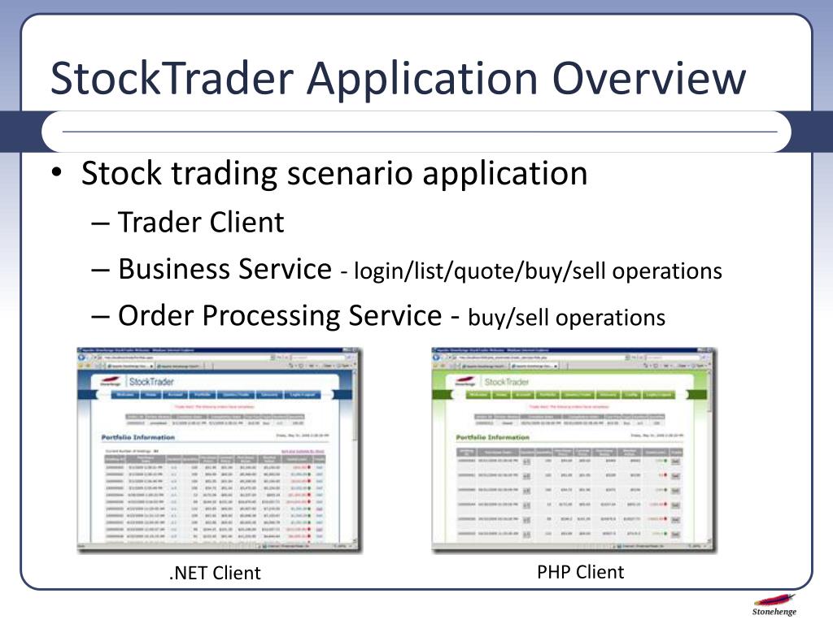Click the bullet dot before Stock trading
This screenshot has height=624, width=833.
55,174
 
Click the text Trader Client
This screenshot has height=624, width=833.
201,222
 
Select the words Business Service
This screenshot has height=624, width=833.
225,269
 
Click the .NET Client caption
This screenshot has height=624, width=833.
215,573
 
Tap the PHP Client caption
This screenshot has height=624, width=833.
581,572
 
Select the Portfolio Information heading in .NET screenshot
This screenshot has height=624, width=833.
138,437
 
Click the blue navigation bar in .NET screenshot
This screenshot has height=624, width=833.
220,395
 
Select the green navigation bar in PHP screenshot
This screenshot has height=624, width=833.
574,395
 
